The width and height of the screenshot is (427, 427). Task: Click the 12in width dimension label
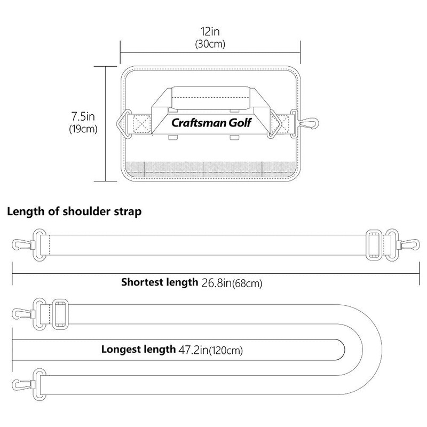click(210, 31)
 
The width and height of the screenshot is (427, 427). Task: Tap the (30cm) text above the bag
click(210, 44)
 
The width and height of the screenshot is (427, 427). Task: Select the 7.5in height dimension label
click(83, 116)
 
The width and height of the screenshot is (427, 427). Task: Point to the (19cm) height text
click(83, 129)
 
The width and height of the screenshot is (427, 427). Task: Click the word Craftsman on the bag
click(199, 123)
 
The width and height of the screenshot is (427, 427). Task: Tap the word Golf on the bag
click(240, 123)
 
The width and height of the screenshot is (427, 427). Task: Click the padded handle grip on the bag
click(210, 98)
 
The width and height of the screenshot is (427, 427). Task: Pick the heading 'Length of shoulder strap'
click(74, 211)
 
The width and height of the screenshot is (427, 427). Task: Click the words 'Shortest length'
click(160, 282)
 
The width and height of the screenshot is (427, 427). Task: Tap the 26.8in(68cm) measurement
click(232, 283)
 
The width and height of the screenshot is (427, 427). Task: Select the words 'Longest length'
click(139, 349)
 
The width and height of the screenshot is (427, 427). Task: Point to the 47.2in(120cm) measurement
click(210, 350)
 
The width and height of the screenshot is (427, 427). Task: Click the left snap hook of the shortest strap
click(22, 244)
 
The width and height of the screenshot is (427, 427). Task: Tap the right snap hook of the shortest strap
click(408, 244)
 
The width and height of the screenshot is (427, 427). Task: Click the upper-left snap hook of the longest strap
click(22, 314)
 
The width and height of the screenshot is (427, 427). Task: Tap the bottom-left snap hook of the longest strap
click(22, 384)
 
